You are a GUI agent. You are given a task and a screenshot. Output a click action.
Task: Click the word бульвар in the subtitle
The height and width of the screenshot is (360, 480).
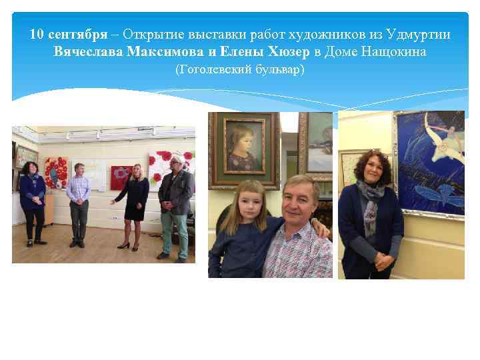(x=279, y=69)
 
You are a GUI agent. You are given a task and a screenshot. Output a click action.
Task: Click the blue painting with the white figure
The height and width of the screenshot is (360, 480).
(x=430, y=163)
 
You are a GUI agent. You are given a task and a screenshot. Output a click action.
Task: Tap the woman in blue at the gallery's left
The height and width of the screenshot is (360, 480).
(x=32, y=200)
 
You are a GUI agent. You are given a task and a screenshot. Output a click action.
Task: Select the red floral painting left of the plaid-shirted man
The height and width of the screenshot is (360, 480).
(x=55, y=172)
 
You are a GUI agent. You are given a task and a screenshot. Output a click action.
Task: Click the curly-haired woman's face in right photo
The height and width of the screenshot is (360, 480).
(x=369, y=170)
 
